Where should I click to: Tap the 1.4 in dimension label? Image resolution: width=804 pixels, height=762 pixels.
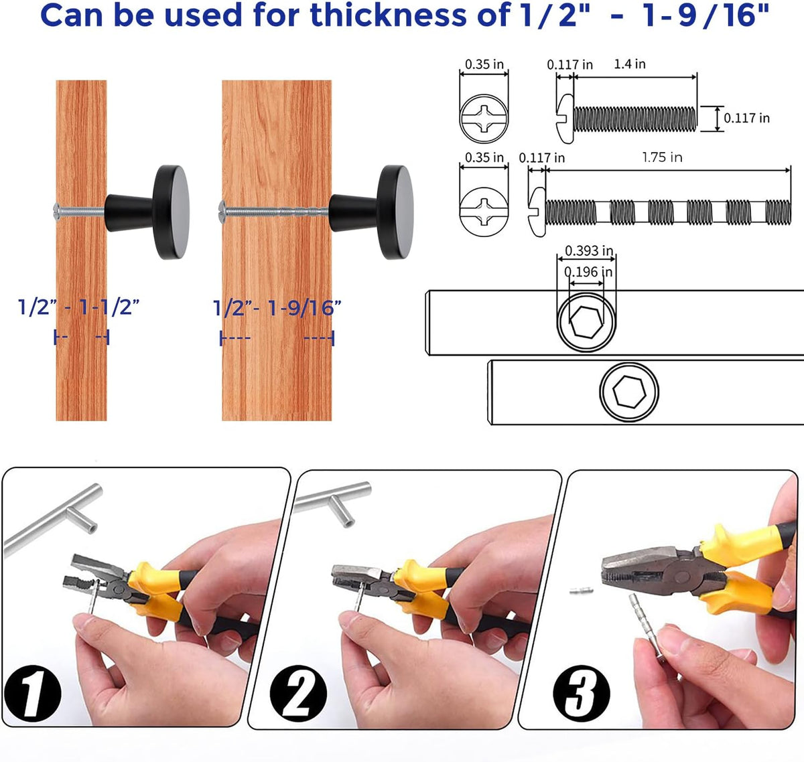[x=630, y=64]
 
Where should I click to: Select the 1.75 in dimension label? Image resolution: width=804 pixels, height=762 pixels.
[x=662, y=157]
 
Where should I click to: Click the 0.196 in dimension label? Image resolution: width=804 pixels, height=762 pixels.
[x=588, y=272]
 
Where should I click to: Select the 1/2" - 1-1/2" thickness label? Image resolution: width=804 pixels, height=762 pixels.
[x=78, y=307]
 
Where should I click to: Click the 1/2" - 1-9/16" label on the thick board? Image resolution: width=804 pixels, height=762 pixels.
[x=277, y=307]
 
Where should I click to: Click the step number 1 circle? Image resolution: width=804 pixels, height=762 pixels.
[x=32, y=692]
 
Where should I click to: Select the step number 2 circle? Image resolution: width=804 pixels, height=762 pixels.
[x=298, y=694]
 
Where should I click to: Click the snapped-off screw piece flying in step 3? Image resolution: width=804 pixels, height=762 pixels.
[x=582, y=591]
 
